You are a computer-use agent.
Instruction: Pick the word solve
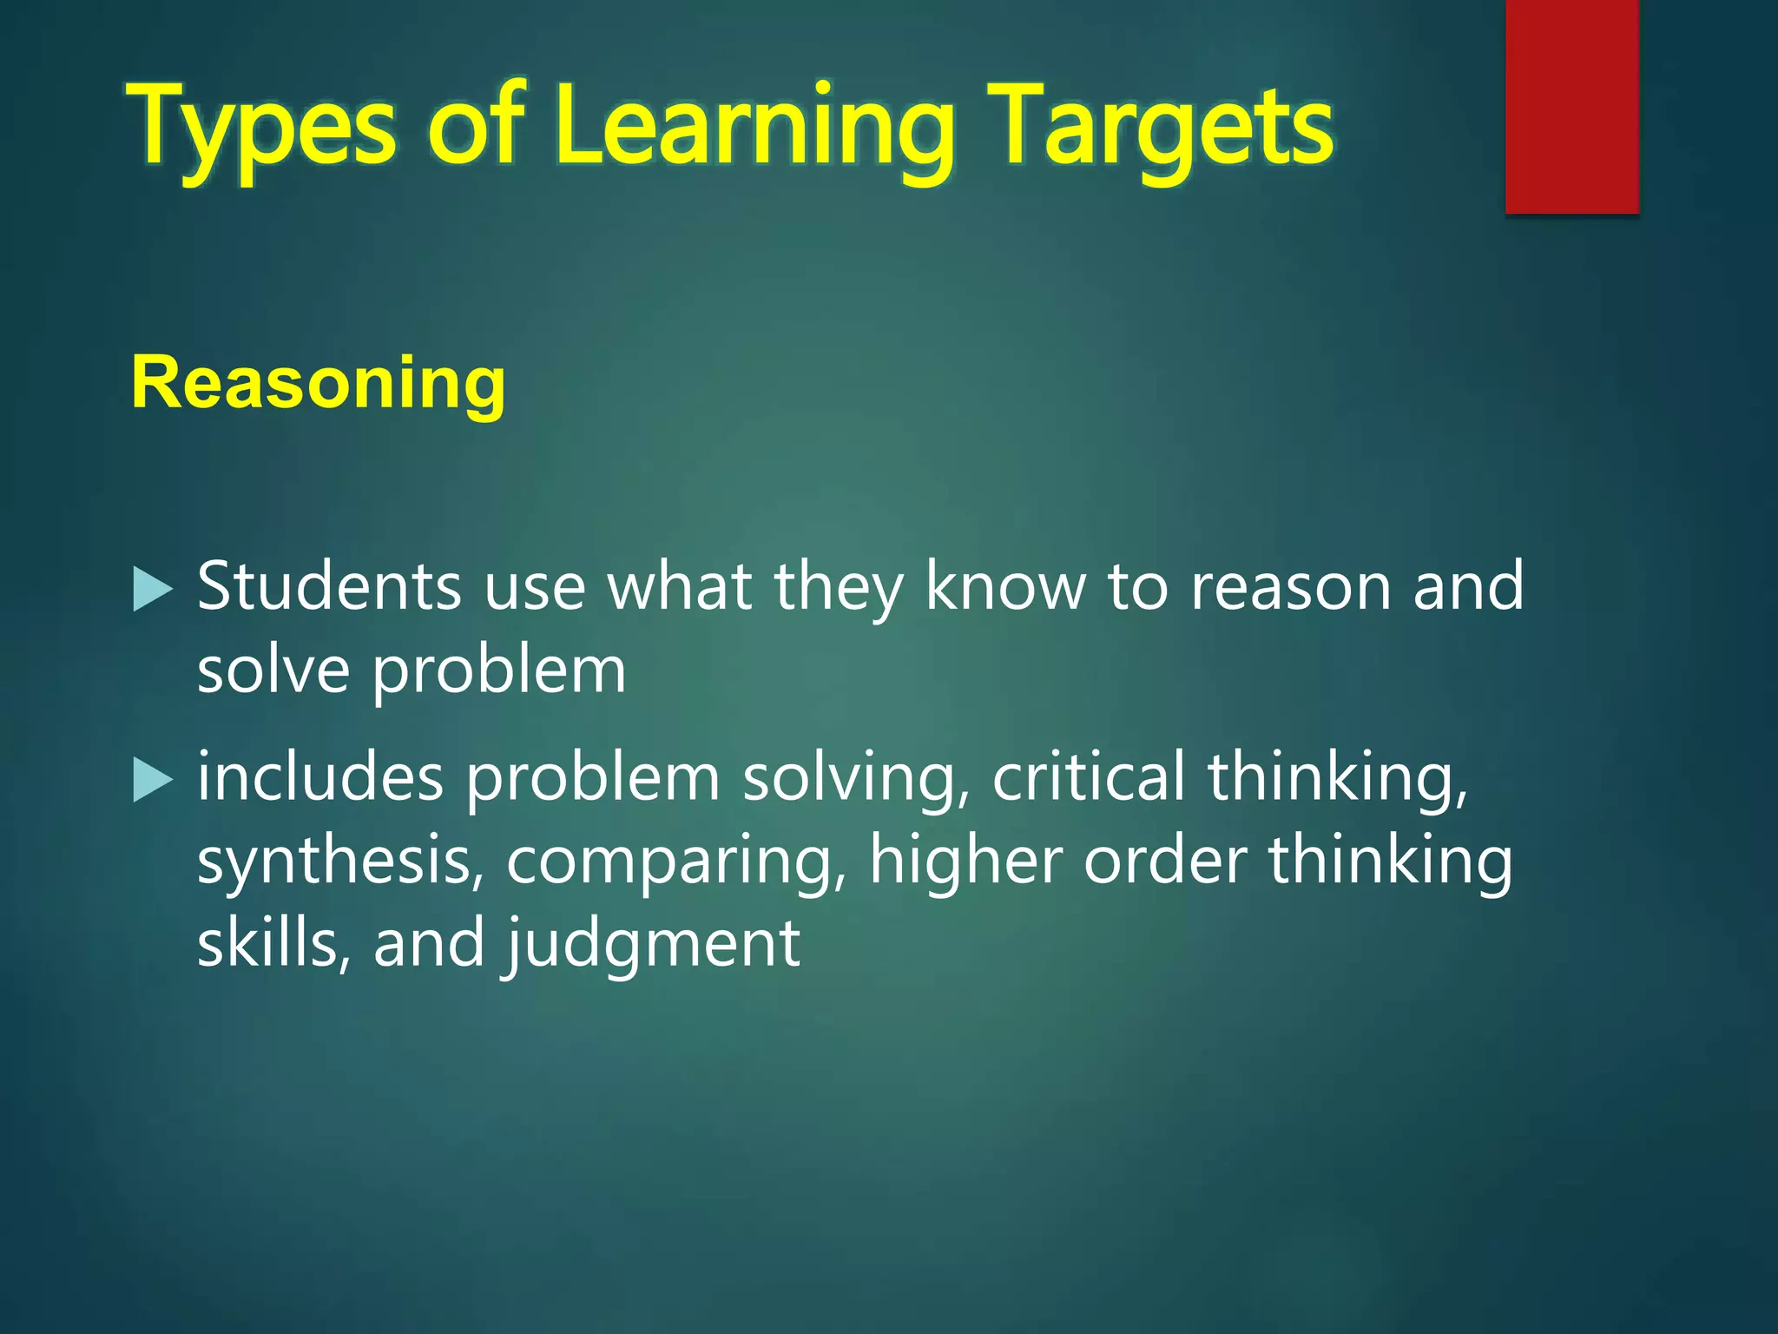273,670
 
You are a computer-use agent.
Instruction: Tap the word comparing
675,862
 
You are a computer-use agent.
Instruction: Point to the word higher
965,861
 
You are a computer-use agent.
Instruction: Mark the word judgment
652,945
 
